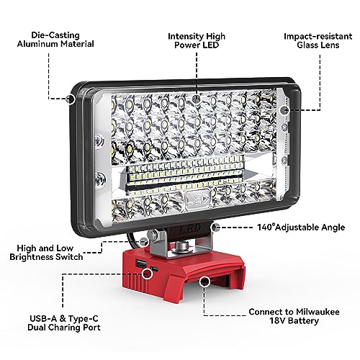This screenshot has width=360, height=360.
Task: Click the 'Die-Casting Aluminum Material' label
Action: (55, 40)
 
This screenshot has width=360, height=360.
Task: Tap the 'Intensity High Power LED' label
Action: (197, 40)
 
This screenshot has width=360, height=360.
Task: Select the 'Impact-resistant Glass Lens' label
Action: (318, 40)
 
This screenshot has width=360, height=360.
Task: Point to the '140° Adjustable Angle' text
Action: (301, 228)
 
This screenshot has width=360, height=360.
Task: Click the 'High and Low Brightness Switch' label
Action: (46, 253)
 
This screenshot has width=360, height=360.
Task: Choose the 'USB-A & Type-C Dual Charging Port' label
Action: (64, 323)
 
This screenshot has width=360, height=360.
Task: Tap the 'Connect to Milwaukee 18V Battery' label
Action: (294, 316)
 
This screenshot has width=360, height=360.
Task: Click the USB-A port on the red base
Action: (139, 264)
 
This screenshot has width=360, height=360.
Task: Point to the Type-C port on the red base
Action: (155, 269)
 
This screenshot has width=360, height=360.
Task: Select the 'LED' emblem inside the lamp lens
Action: (197, 198)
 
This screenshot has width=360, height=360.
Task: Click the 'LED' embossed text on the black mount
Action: (189, 229)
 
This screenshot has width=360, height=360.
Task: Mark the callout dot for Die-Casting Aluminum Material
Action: (70, 99)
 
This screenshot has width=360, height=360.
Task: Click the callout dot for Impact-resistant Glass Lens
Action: (285, 110)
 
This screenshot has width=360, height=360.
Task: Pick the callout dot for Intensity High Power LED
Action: (197, 99)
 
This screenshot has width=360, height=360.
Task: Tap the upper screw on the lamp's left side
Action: (99, 140)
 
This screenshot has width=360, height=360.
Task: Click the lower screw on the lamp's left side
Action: (99, 179)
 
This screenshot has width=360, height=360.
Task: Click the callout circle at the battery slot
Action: (204, 281)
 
